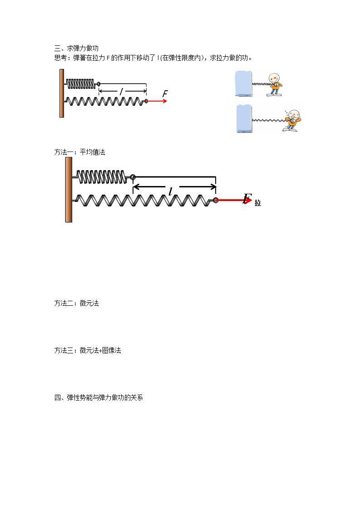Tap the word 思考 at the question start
(x=60, y=58)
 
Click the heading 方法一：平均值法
(x=79, y=152)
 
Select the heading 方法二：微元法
(x=76, y=303)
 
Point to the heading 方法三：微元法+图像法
(x=87, y=351)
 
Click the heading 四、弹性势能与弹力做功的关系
(x=99, y=398)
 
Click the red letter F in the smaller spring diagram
(x=165, y=94)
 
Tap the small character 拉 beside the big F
(x=258, y=203)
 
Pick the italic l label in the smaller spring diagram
(x=121, y=91)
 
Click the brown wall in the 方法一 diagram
(x=69, y=191)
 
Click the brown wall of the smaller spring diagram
(x=61, y=93)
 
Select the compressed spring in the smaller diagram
(x=81, y=83)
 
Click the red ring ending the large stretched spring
(x=216, y=200)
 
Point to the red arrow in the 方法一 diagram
(x=233, y=200)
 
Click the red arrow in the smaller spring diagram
(x=157, y=101)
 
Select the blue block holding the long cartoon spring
(x=244, y=119)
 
